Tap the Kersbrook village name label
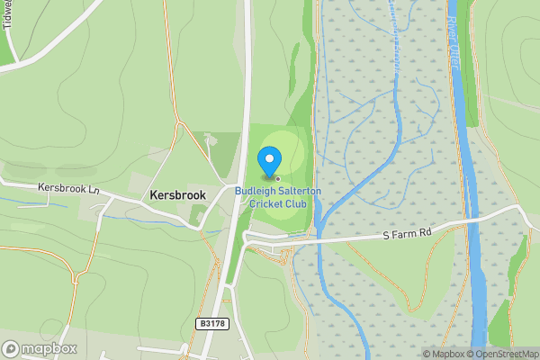tap(177, 195)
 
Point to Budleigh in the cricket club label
tap(256, 191)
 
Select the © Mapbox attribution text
tap(444, 354)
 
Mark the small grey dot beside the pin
tap(277, 178)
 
